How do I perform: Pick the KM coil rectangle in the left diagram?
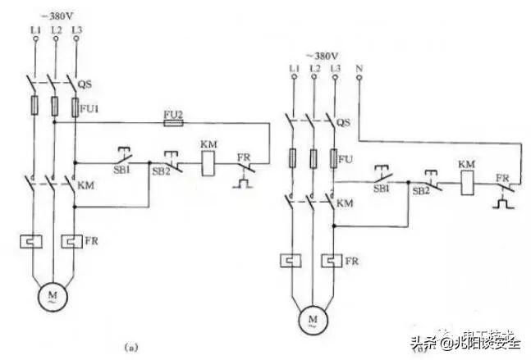tap(208, 162)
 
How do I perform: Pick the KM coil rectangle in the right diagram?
tap(467, 182)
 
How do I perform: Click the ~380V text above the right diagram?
tap(321, 55)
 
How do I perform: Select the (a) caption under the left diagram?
tap(130, 348)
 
